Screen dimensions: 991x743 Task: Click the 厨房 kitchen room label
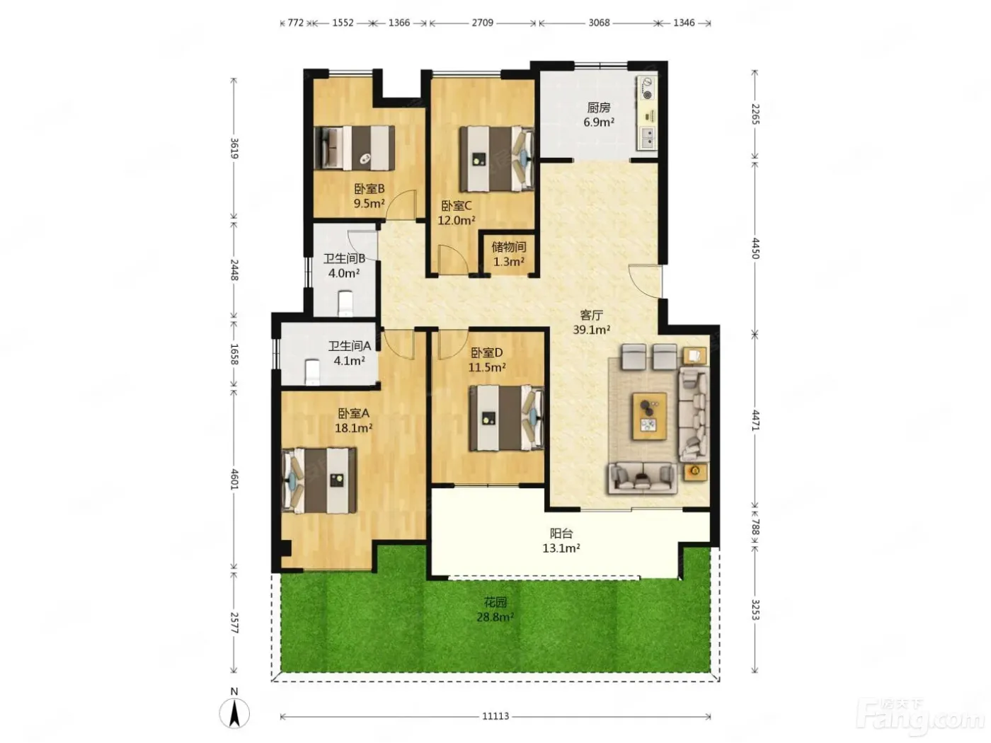tap(598, 108)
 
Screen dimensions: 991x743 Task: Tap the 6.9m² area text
tap(598, 122)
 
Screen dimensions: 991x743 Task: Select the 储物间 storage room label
tap(508, 247)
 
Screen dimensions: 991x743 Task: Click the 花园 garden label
tap(495, 601)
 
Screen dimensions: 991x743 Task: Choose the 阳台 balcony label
tap(561, 534)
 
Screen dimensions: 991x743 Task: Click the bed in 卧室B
tap(355, 148)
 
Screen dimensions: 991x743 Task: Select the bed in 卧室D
tap(506, 417)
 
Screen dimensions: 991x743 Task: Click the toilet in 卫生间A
tap(312, 371)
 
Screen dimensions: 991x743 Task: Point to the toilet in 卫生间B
tap(345, 303)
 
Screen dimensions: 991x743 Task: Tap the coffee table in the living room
tap(650, 415)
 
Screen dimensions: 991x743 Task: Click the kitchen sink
tap(647, 138)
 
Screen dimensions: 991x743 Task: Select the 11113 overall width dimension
tap(495, 716)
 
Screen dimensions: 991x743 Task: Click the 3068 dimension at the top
tap(599, 23)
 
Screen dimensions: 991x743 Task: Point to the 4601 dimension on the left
tap(234, 479)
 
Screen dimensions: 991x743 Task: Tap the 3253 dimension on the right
tap(756, 609)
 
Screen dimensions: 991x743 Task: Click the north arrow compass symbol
tap(234, 713)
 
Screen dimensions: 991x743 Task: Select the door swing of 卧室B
tap(400, 205)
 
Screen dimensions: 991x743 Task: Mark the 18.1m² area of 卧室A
tap(353, 427)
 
